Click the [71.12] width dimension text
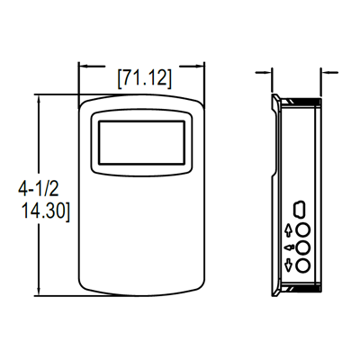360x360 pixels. tap(144, 78)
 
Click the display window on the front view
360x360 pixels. tap(143, 144)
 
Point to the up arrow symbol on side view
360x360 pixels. tap(288, 229)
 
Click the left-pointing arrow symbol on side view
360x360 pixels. tap(288, 247)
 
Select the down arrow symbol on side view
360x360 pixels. tap(288, 264)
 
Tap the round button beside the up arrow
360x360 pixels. tap(302, 229)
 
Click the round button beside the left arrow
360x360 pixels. tap(302, 247)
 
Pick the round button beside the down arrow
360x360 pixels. tap(302, 264)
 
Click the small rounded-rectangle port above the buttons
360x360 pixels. tap(302, 208)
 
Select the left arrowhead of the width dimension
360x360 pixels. tap(83, 67)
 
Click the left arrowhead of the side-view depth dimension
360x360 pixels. tap(271, 72)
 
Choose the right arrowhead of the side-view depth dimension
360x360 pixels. tap(321, 72)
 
